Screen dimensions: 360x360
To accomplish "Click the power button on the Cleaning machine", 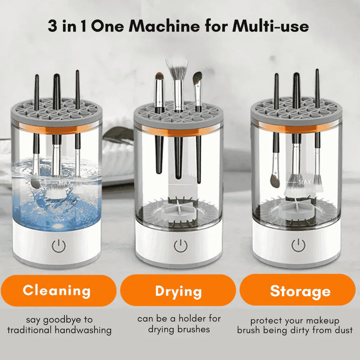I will pos(59,247).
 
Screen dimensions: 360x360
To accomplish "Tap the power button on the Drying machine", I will pos(180,246).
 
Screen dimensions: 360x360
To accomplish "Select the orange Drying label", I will pos(178,291).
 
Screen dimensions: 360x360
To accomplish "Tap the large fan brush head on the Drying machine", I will pos(177,67).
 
